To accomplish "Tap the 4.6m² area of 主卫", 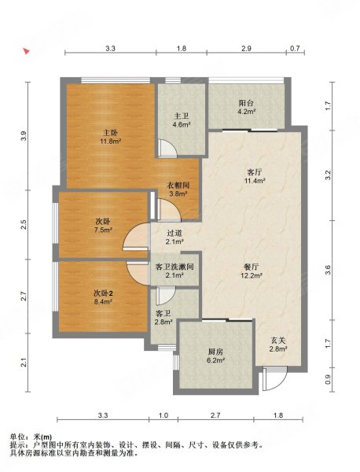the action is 182,124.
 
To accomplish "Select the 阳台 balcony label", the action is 246,103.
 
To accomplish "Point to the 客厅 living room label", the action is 255,172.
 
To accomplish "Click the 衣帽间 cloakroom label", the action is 178,186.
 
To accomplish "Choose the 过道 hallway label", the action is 174,233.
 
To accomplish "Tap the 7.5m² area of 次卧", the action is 103,230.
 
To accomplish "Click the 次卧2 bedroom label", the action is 103,293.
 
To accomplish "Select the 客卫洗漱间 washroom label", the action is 174,267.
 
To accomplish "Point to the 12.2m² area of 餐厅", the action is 252,275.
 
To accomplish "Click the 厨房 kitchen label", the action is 215,352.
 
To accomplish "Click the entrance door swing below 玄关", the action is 275,378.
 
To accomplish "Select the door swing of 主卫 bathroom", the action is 168,148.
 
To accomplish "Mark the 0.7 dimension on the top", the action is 296,48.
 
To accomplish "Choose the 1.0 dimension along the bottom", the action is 163,415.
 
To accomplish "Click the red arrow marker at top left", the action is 27,51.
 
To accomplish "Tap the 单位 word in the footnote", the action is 17,437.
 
